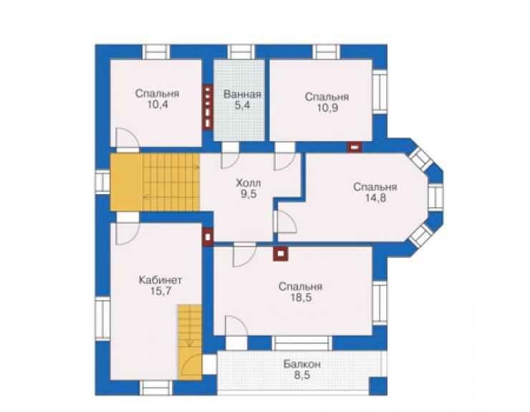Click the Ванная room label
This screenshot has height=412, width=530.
coord(242,94)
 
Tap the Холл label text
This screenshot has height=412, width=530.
coord(249,183)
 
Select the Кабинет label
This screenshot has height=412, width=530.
coord(160,280)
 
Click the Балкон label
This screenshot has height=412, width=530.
coord(302,365)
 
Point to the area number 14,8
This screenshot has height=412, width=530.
coord(375,198)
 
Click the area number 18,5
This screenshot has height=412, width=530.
coord(301,297)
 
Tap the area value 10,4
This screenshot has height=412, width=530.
coord(157,104)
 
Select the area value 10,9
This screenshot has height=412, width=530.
coord(327,108)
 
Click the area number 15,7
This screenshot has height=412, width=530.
coord(160,291)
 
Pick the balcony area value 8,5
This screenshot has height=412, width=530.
coord(302,375)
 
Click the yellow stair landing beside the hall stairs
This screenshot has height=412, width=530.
coord(127,183)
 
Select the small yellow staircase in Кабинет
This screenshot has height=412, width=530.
coord(189,342)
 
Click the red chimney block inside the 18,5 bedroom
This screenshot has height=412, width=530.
coord(281,254)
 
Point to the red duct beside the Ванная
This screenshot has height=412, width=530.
coord(208,107)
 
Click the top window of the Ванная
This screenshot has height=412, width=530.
coord(241,52)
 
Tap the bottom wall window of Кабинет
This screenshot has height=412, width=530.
coord(156,388)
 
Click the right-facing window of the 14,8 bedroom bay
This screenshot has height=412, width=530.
coord(435,197)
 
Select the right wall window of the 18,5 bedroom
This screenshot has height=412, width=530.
coord(380,303)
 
